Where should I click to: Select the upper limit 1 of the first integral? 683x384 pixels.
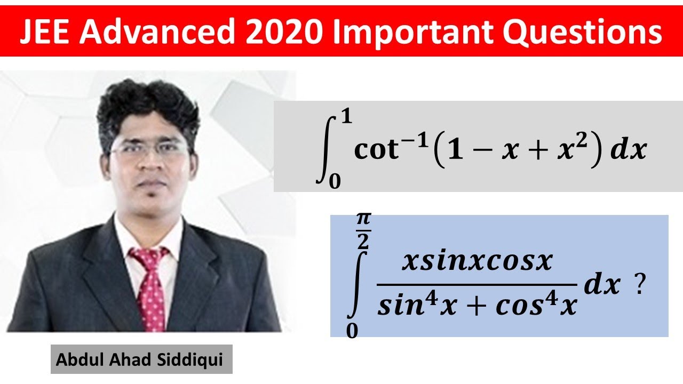click(x=347, y=117)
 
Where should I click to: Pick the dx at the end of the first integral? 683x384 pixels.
click(x=629, y=150)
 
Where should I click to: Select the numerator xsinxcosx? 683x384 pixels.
click(x=477, y=261)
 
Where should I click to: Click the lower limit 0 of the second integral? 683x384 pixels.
click(x=352, y=331)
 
